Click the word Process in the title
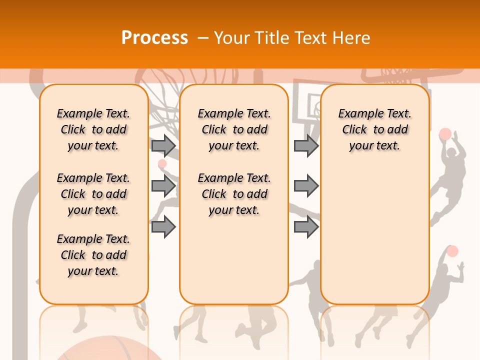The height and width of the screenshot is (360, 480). pyautogui.click(x=154, y=37)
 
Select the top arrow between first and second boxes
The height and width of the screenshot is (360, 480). pyautogui.click(x=163, y=145)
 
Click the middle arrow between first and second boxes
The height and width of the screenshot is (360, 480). pyautogui.click(x=163, y=186)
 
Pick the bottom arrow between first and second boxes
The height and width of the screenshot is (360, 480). pyautogui.click(x=163, y=227)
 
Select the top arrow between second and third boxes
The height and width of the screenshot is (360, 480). pyautogui.click(x=306, y=145)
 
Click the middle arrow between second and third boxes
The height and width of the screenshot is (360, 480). pyautogui.click(x=306, y=186)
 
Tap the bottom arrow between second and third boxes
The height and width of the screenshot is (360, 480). pyautogui.click(x=306, y=227)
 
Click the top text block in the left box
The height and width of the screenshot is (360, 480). pyautogui.click(x=93, y=129)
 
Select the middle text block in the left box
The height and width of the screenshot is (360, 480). pyautogui.click(x=93, y=194)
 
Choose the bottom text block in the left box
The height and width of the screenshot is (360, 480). pyautogui.click(x=93, y=255)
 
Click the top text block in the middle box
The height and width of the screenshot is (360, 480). pyautogui.click(x=234, y=129)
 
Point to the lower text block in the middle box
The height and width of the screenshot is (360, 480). pyautogui.click(x=234, y=194)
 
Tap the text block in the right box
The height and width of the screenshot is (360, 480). pyautogui.click(x=374, y=129)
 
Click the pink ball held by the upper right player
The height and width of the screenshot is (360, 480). pyautogui.click(x=445, y=134)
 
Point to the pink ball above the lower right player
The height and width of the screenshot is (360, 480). pyautogui.click(x=452, y=251)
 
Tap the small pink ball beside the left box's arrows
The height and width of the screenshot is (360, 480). pyautogui.click(x=162, y=163)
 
